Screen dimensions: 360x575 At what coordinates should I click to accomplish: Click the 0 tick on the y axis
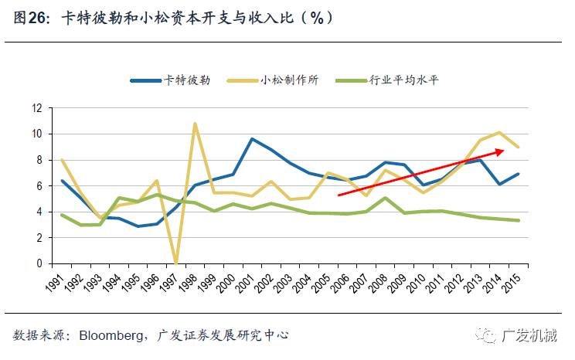[x=38, y=263]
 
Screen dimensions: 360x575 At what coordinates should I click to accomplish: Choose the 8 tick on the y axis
[x=38, y=160]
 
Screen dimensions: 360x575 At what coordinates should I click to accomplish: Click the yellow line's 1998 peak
[x=195, y=124]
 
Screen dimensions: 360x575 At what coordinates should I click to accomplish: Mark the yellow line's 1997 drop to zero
[x=175, y=262]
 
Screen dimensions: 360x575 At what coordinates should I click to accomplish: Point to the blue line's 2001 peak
[x=252, y=139]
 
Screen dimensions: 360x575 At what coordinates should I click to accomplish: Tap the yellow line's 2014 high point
[x=498, y=133]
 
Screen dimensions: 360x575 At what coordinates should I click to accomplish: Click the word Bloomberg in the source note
[x=110, y=335]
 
